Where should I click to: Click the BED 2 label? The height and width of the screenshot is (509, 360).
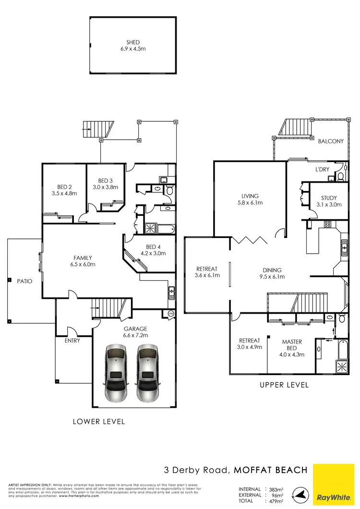(x=64, y=187)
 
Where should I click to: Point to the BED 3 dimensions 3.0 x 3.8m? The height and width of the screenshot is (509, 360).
(x=105, y=187)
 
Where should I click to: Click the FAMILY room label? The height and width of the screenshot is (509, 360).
(x=83, y=258)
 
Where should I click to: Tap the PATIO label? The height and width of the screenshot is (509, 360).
(x=24, y=281)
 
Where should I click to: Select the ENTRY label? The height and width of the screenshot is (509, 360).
(x=72, y=341)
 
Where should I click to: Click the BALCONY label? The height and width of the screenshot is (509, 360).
(x=331, y=141)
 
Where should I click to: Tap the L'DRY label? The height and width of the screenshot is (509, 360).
(x=322, y=170)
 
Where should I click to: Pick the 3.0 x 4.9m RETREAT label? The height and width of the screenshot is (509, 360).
(x=250, y=341)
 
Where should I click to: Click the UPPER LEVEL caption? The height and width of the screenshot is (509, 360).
(x=284, y=385)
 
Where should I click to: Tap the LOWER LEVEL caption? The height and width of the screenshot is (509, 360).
(x=99, y=422)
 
